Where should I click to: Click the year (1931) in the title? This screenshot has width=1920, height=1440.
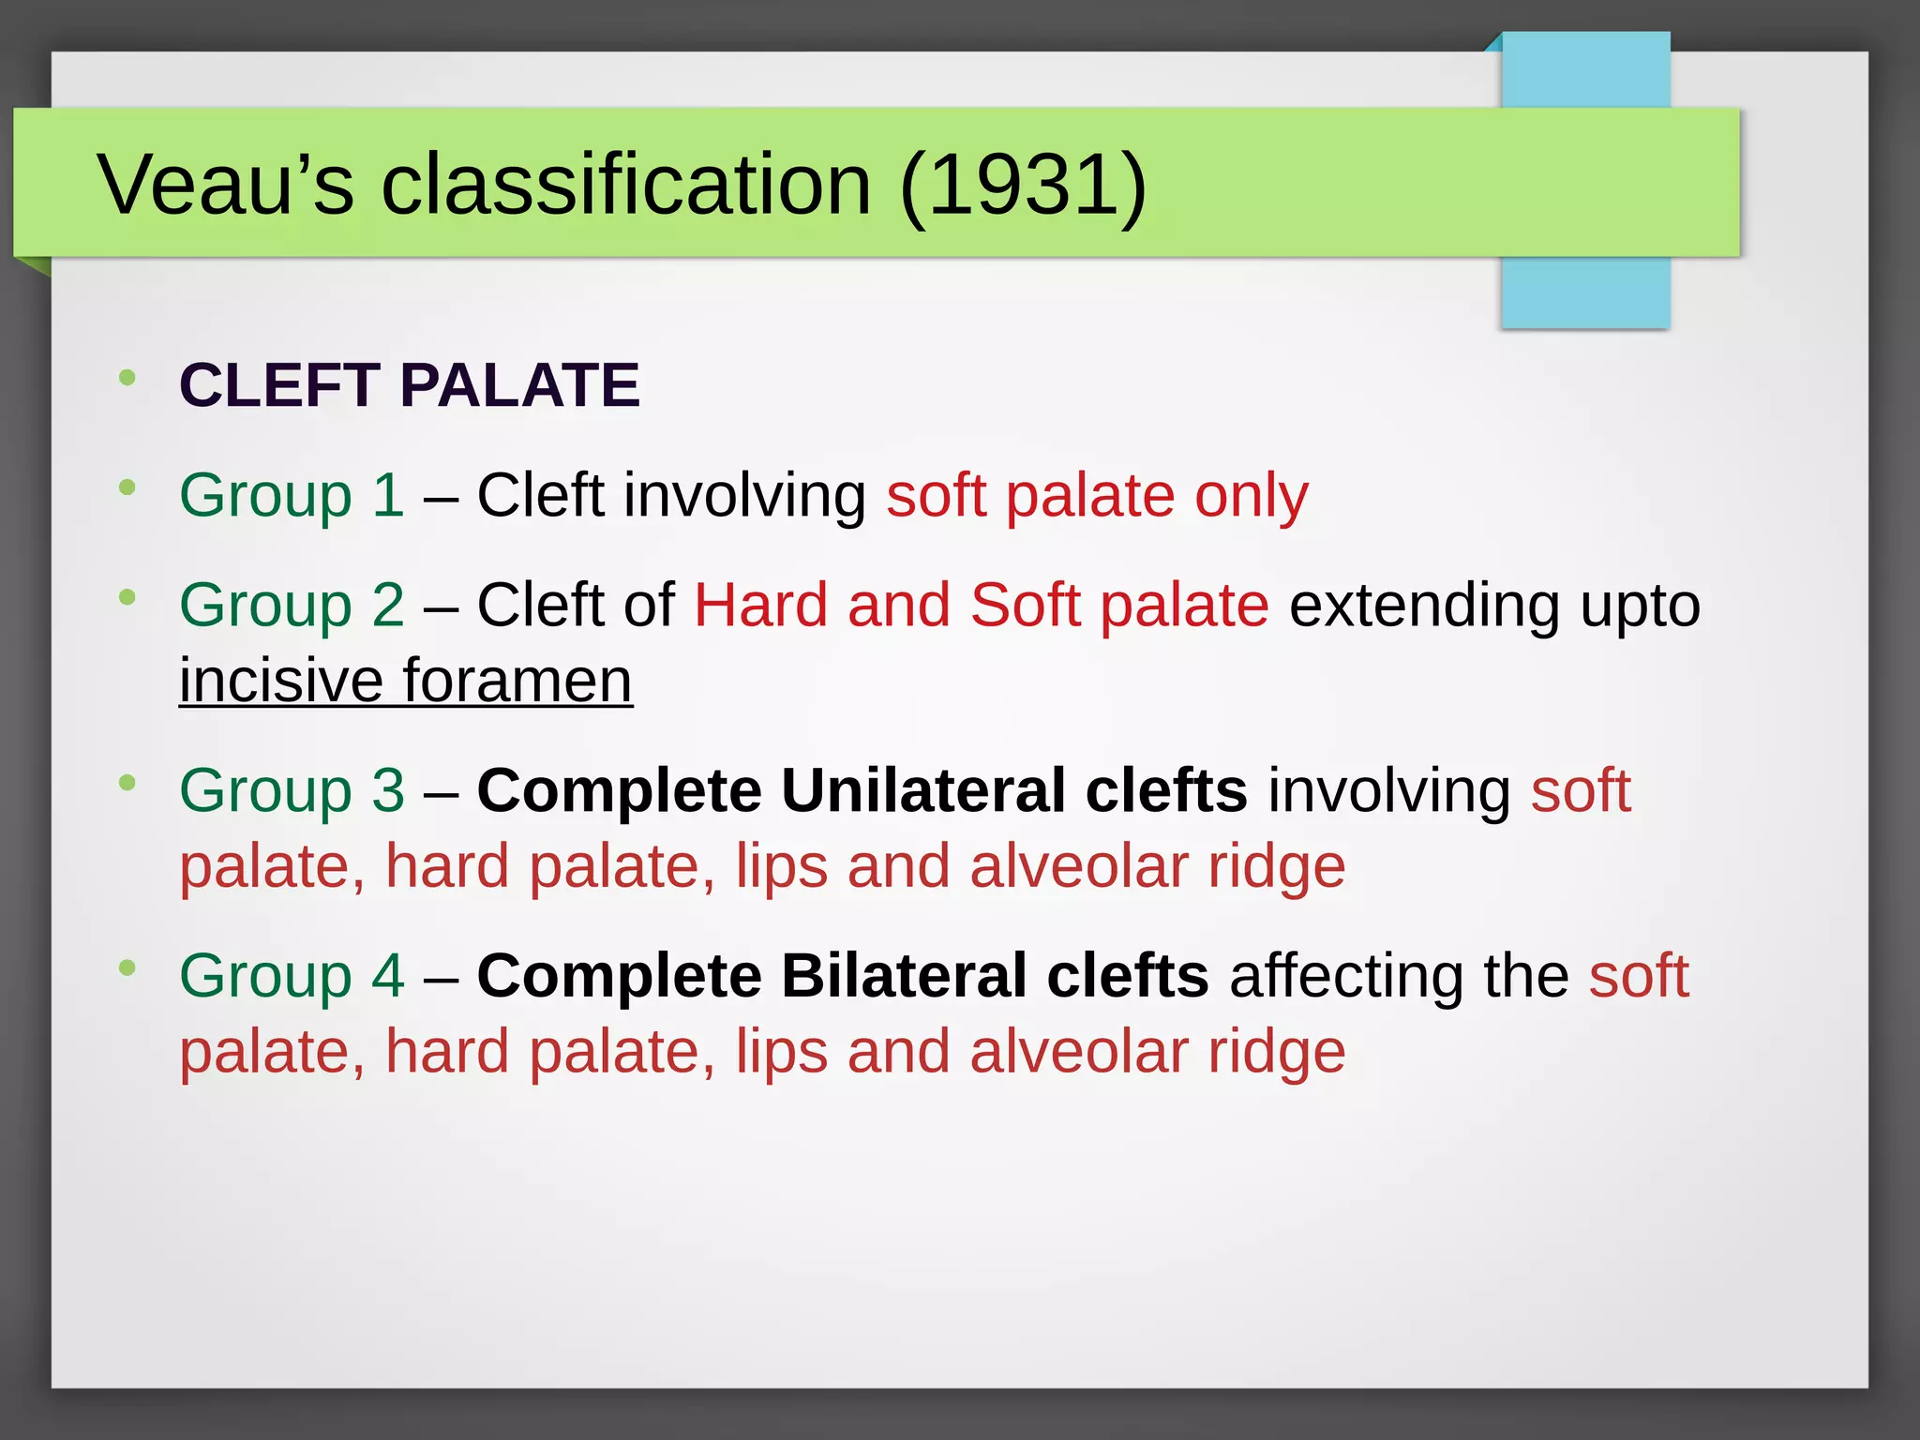click(x=1023, y=185)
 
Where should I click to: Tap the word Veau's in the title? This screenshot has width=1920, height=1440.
click(x=226, y=185)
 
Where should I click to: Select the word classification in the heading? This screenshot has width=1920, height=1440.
click(x=626, y=185)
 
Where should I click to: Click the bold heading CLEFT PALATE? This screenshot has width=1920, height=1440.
click(x=410, y=385)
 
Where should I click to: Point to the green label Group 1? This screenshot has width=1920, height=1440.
click(x=292, y=495)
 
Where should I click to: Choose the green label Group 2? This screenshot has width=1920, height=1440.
click(x=292, y=605)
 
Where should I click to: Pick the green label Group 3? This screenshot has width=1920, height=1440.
click(x=292, y=790)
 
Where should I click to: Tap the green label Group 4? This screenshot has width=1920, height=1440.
click(x=292, y=976)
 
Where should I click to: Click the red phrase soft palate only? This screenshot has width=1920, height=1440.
click(x=1097, y=495)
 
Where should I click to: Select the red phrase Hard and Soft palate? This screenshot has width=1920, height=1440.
click(x=981, y=605)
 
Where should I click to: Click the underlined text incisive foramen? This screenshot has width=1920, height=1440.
click(x=406, y=680)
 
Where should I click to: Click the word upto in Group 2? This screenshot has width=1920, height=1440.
click(x=1640, y=607)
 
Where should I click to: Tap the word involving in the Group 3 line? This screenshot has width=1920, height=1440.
click(x=1388, y=790)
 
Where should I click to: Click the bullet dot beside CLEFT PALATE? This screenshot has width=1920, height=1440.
click(x=127, y=378)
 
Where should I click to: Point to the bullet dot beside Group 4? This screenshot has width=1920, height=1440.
click(x=127, y=967)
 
